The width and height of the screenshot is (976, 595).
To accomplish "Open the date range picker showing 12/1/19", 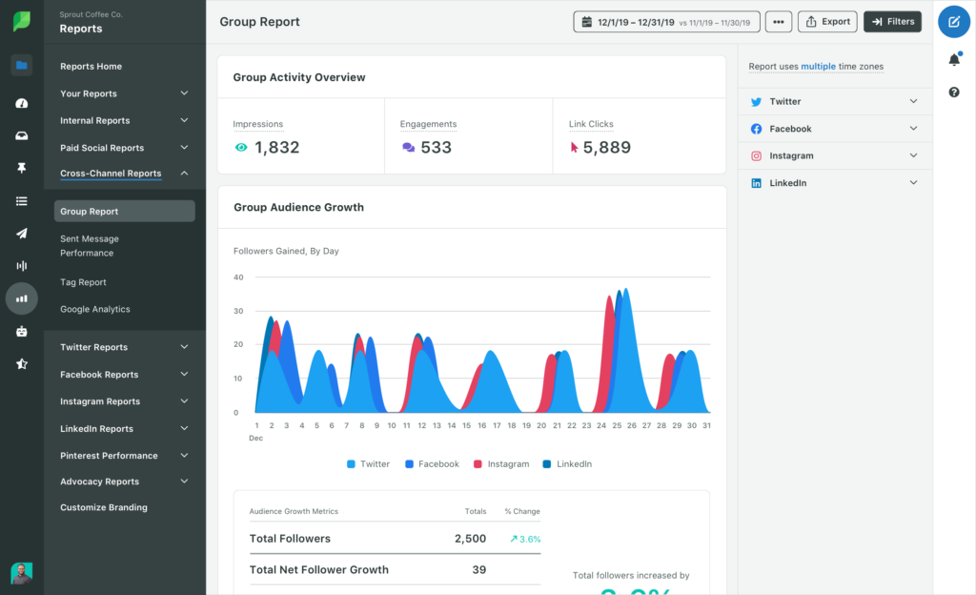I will click(x=666, y=22).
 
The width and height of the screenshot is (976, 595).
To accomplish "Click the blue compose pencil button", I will click(x=954, y=21).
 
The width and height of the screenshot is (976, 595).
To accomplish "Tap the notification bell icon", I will click(x=954, y=60).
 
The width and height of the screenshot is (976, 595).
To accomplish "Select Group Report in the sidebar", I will click(x=90, y=212).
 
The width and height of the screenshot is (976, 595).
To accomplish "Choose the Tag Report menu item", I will click(x=83, y=282).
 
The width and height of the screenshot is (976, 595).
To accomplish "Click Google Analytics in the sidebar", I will click(x=95, y=309).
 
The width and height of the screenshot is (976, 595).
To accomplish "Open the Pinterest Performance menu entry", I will click(x=109, y=456).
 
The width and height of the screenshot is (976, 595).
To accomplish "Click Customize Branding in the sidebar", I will click(x=104, y=507).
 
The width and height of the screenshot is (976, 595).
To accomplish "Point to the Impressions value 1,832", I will click(x=276, y=148).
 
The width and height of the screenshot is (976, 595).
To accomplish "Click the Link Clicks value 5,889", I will click(x=606, y=148).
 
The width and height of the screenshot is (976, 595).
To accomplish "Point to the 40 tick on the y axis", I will click(x=238, y=277).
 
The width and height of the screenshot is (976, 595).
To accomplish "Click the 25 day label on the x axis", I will click(x=617, y=426).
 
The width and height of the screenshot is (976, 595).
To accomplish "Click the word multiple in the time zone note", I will click(x=818, y=67).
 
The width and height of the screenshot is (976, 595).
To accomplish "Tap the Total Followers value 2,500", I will click(x=470, y=539).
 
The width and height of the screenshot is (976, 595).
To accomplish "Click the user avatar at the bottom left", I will click(x=21, y=572).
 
